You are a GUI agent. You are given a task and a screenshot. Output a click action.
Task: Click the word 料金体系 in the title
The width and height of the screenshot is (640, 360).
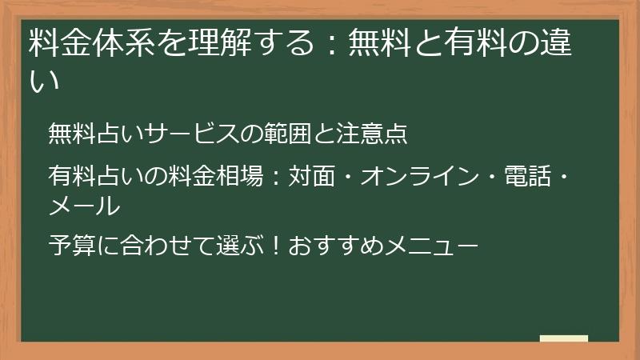coord(92,42)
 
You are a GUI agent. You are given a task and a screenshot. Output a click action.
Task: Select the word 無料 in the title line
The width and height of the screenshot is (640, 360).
coord(379,42)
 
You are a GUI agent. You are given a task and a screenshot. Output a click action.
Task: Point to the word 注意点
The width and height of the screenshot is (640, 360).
coord(372,133)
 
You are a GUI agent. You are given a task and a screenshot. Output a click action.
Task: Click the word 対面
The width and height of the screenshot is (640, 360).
coord(312,176)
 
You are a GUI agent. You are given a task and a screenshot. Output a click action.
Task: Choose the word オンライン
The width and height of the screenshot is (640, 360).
coord(419,176)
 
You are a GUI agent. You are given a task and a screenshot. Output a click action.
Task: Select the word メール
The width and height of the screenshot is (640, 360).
coord(84,206)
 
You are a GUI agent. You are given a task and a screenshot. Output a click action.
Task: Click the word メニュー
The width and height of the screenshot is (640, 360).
coord(431,246)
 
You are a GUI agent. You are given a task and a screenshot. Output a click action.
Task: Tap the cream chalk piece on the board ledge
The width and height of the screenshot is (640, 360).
coord(564,338)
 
